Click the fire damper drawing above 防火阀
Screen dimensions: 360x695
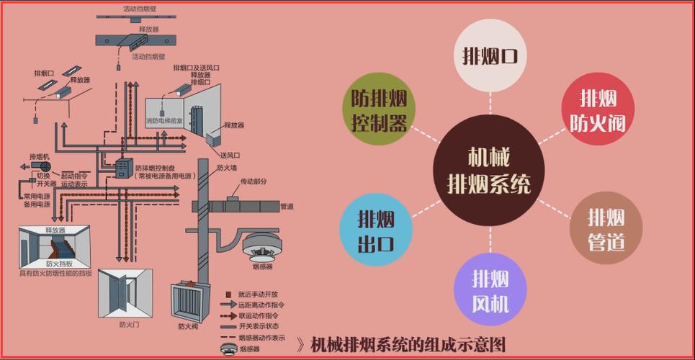(189, 301)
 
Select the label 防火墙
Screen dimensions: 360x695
(226, 167)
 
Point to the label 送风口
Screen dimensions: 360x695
(229, 155)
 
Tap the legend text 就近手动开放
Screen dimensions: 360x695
(258, 294)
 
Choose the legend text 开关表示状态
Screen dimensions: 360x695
(258, 326)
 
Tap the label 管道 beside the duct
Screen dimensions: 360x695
(287, 206)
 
